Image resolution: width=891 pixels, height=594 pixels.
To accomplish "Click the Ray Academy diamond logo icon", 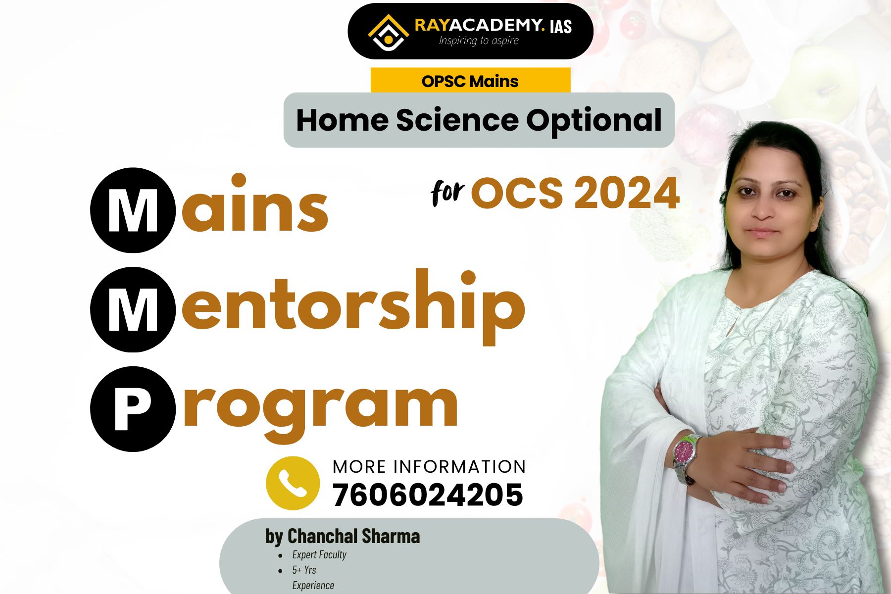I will (388, 33).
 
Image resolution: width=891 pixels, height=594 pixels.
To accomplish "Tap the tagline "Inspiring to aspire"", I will (479, 41).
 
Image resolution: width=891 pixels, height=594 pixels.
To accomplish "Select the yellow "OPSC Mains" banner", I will (470, 81).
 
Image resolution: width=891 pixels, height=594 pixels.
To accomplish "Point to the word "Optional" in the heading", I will (594, 121).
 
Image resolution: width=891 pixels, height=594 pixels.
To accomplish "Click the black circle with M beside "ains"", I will (133, 210).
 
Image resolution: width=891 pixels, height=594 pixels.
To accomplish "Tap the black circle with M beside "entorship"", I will (133, 310).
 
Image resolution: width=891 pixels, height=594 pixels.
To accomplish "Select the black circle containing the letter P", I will (133, 409).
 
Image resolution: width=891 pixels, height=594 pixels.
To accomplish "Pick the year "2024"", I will (627, 193).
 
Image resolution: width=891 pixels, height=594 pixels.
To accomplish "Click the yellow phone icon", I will (293, 483).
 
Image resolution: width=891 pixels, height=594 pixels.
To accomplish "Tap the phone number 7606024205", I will (428, 495).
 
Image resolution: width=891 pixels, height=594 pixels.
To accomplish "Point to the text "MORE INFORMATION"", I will (429, 466).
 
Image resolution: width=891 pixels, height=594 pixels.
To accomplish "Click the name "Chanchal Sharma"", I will (353, 536).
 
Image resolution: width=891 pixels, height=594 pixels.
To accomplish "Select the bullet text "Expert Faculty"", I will (319, 554).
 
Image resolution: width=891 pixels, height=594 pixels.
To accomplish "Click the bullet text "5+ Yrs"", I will (304, 570).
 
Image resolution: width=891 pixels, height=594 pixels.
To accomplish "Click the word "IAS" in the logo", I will (560, 26).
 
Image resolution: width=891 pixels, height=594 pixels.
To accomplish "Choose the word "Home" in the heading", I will (342, 120).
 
